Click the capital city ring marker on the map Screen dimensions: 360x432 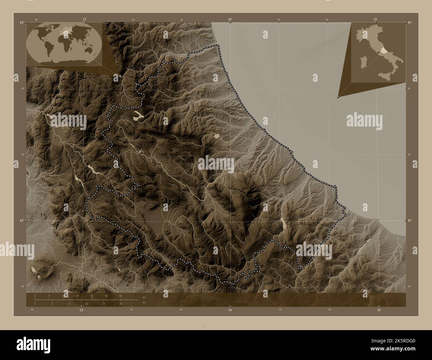pos(141,152)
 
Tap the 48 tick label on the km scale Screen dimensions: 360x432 pos(120,296)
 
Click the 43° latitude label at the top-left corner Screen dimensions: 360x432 pos(22,22)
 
